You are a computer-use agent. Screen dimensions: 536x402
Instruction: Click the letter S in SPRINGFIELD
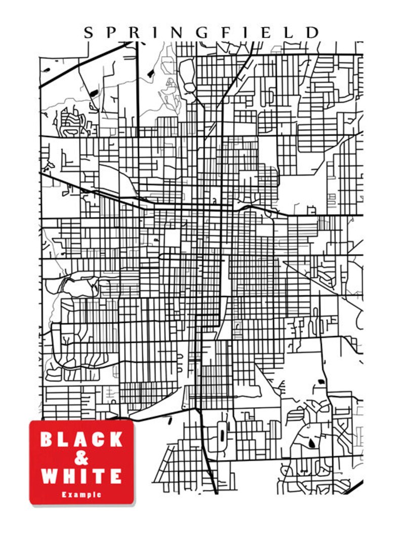pyautogui.click(x=88, y=33)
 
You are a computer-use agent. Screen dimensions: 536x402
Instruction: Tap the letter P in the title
pyautogui.click(x=110, y=33)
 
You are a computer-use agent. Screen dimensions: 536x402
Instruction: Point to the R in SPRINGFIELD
pyautogui.click(x=133, y=33)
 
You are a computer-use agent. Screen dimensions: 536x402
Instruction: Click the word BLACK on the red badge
pyautogui.click(x=82, y=439)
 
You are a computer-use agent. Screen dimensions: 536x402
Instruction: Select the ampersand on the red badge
pyautogui.click(x=81, y=458)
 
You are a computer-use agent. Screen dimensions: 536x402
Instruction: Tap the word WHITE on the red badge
pyautogui.click(x=82, y=476)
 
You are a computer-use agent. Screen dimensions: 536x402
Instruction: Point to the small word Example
pyautogui.click(x=82, y=494)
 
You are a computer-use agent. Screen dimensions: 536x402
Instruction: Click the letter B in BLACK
pyautogui.click(x=47, y=439)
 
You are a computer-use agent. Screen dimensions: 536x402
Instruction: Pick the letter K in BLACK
pyautogui.click(x=115, y=439)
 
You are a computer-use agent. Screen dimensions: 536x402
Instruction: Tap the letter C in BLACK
pyautogui.click(x=98, y=439)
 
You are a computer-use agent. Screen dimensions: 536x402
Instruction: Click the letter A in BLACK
pyautogui.click(x=81, y=439)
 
